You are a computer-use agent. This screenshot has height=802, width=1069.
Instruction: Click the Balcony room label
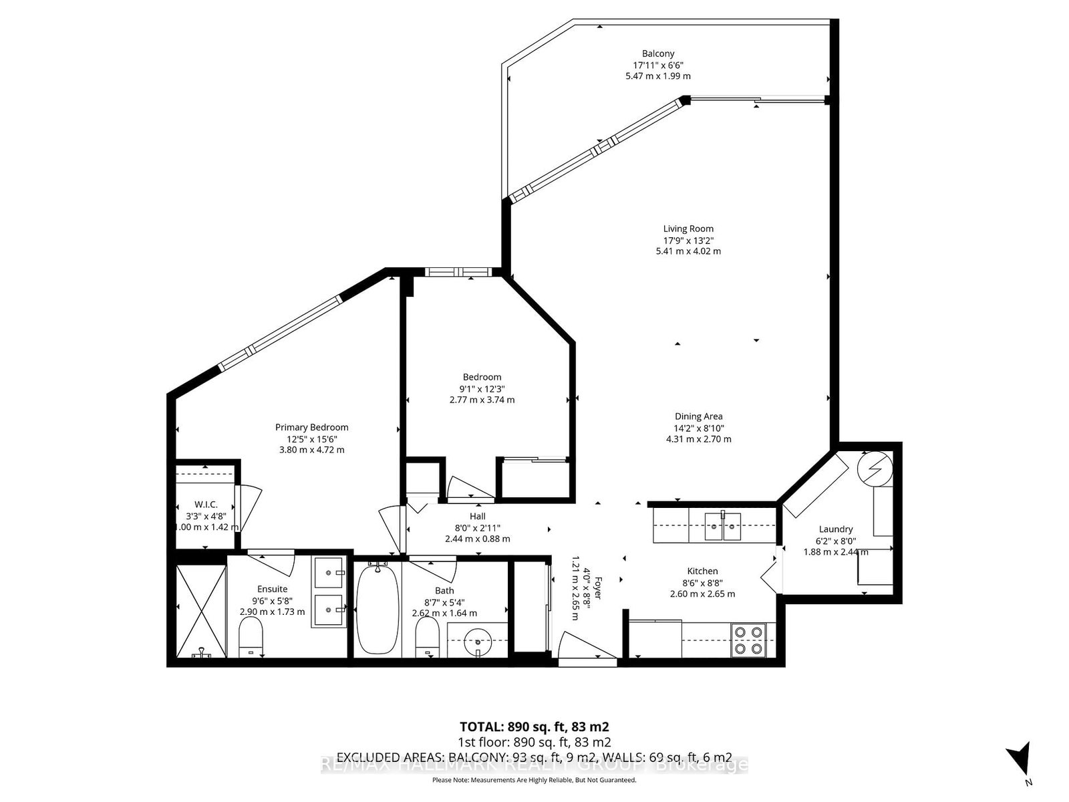pos(658,53)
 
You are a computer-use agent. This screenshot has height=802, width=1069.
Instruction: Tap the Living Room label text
pos(688,229)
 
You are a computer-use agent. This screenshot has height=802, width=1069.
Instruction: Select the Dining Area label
pos(698,416)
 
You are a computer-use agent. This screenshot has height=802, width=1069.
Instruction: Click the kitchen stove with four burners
pos(748,639)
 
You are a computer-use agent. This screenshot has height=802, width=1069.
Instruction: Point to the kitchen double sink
pos(724,526)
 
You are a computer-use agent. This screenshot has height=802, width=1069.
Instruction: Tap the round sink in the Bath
pos(478,640)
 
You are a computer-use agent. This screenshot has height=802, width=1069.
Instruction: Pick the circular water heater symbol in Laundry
pos(874,469)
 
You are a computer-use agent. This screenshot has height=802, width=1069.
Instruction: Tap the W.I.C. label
pos(206,505)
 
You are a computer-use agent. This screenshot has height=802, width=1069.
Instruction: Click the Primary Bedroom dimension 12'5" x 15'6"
pos(311,439)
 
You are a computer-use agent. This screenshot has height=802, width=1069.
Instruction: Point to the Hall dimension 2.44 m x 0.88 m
pos(477,539)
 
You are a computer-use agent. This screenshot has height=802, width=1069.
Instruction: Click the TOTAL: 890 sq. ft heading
pos(534,726)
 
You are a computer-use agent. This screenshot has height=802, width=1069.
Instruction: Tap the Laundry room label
pos(835,529)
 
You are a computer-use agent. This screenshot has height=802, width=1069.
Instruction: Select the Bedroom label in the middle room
pos(482,377)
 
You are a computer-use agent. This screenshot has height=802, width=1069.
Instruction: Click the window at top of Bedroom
pos(458,272)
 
